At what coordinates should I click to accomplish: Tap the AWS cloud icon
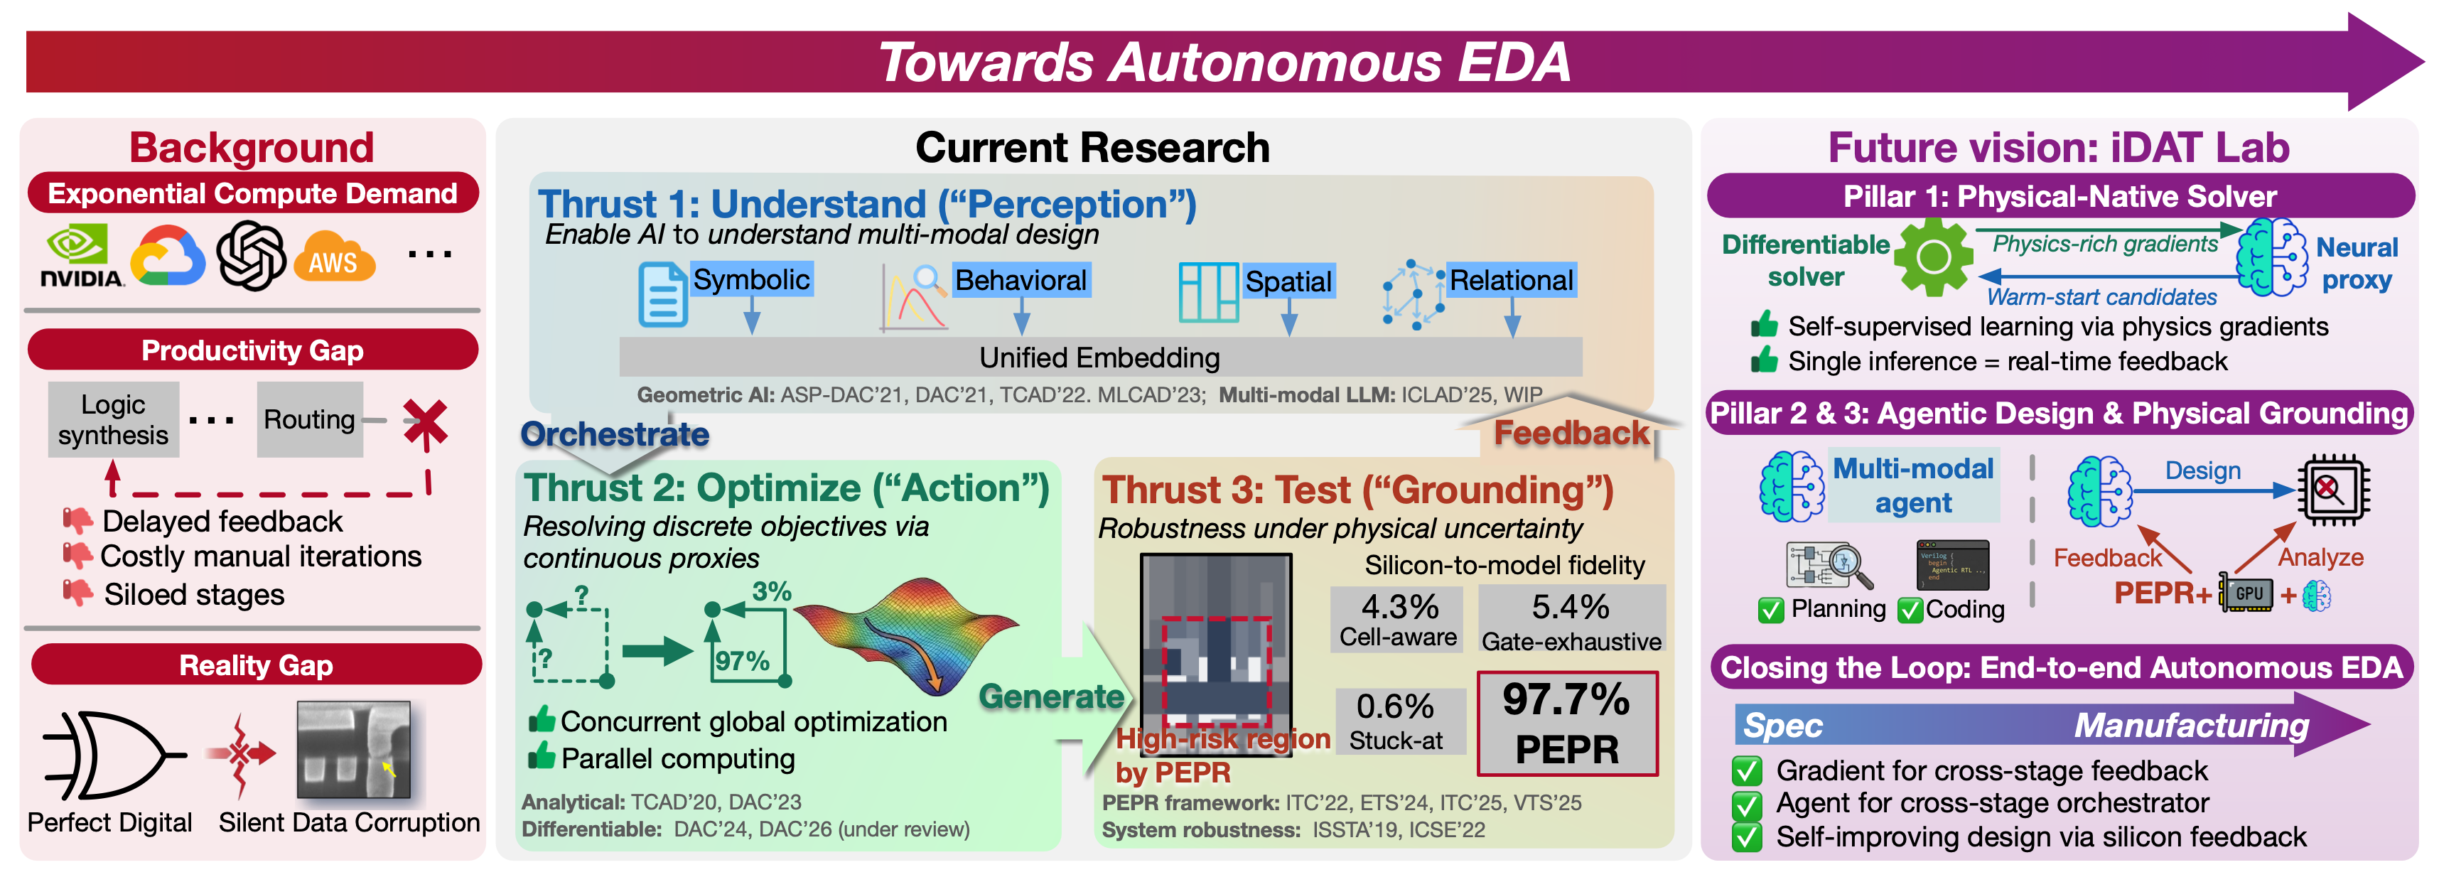[x=334, y=257]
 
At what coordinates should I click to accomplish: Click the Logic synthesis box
[x=114, y=419]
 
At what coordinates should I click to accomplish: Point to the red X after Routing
[x=425, y=424]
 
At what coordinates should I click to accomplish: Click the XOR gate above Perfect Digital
[x=112, y=755]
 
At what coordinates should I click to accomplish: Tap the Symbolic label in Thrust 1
[x=752, y=279]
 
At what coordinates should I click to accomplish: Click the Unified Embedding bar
[x=1100, y=357]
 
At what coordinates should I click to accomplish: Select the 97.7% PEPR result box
[x=1567, y=723]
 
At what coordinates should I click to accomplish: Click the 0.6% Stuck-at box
[x=1397, y=721]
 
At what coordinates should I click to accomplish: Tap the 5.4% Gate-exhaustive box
[x=1571, y=620]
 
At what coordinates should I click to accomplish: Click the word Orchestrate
[x=615, y=434]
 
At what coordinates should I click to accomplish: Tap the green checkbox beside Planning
[x=1770, y=610]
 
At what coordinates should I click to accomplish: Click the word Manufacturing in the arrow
[x=2191, y=726]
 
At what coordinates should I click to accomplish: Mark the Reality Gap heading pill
[x=256, y=665]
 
